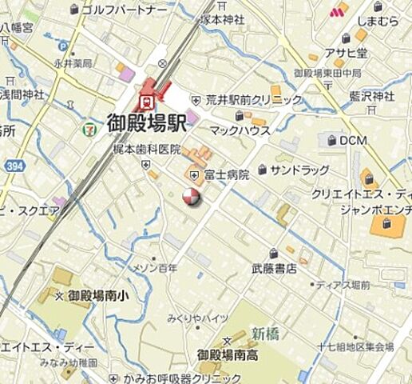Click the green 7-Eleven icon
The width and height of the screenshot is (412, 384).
click(x=93, y=126)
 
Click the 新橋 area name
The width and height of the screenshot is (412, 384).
click(x=264, y=333)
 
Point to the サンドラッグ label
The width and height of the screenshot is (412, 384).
click(x=299, y=170)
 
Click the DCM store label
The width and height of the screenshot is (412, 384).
click(x=351, y=141)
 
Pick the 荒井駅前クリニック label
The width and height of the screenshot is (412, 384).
click(x=254, y=100)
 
